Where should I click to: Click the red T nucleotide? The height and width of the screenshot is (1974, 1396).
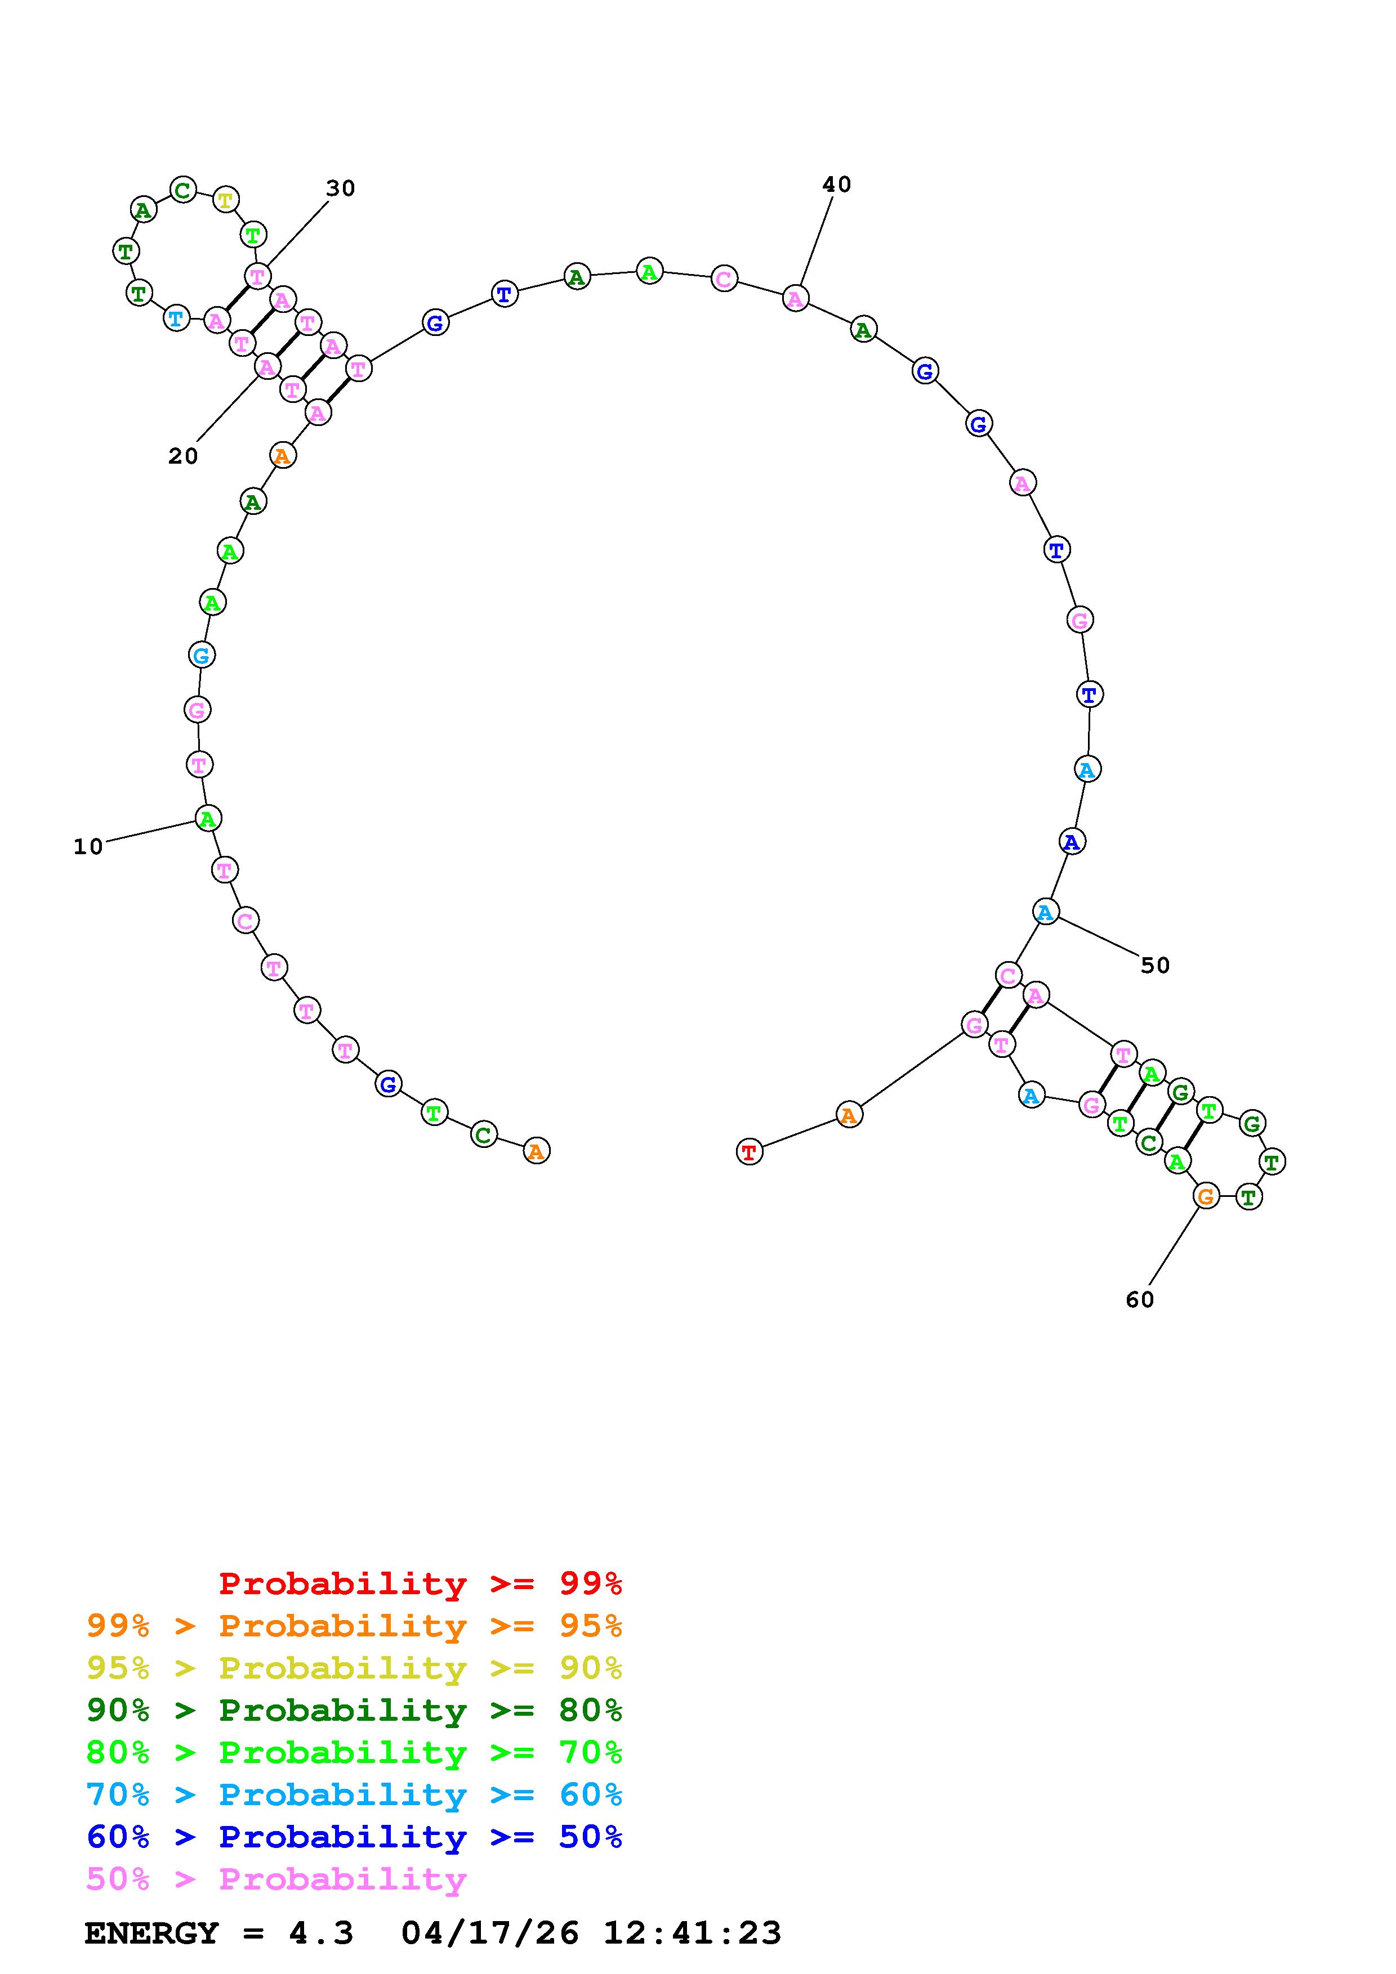749,1152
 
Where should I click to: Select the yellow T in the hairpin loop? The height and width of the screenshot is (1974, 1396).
225,200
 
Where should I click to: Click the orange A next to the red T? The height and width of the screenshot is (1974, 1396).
849,1115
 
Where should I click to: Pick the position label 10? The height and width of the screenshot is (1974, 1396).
88,847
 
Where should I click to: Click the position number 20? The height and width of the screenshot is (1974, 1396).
183,456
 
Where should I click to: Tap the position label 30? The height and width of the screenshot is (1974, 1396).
341,189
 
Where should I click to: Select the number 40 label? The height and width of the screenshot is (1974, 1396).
836,185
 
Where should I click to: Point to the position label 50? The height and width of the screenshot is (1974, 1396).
1155,966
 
